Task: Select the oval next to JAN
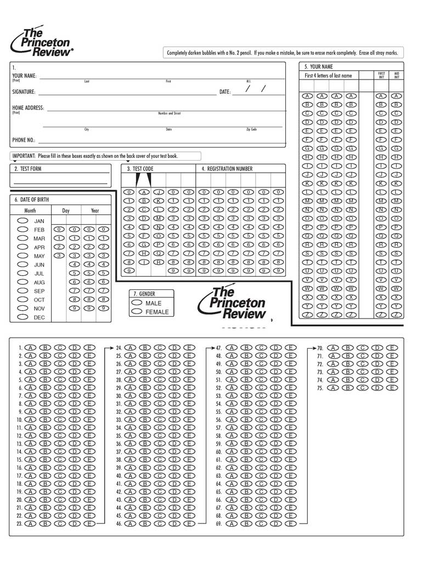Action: [x=23, y=220]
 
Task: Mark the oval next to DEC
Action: [x=23, y=317]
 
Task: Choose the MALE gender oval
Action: [x=137, y=303]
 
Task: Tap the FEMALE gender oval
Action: [x=137, y=312]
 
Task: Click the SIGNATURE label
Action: [x=24, y=92]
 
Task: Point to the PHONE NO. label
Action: [x=24, y=140]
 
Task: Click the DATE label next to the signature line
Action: [x=225, y=92]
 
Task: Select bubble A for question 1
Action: [x=31, y=348]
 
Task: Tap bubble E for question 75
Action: [x=392, y=388]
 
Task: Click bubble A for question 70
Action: [x=333, y=348]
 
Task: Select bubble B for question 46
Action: [x=145, y=524]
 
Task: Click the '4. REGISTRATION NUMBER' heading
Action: [x=227, y=169]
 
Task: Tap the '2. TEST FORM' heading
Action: [x=28, y=169]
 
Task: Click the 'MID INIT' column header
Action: [x=396, y=75]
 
